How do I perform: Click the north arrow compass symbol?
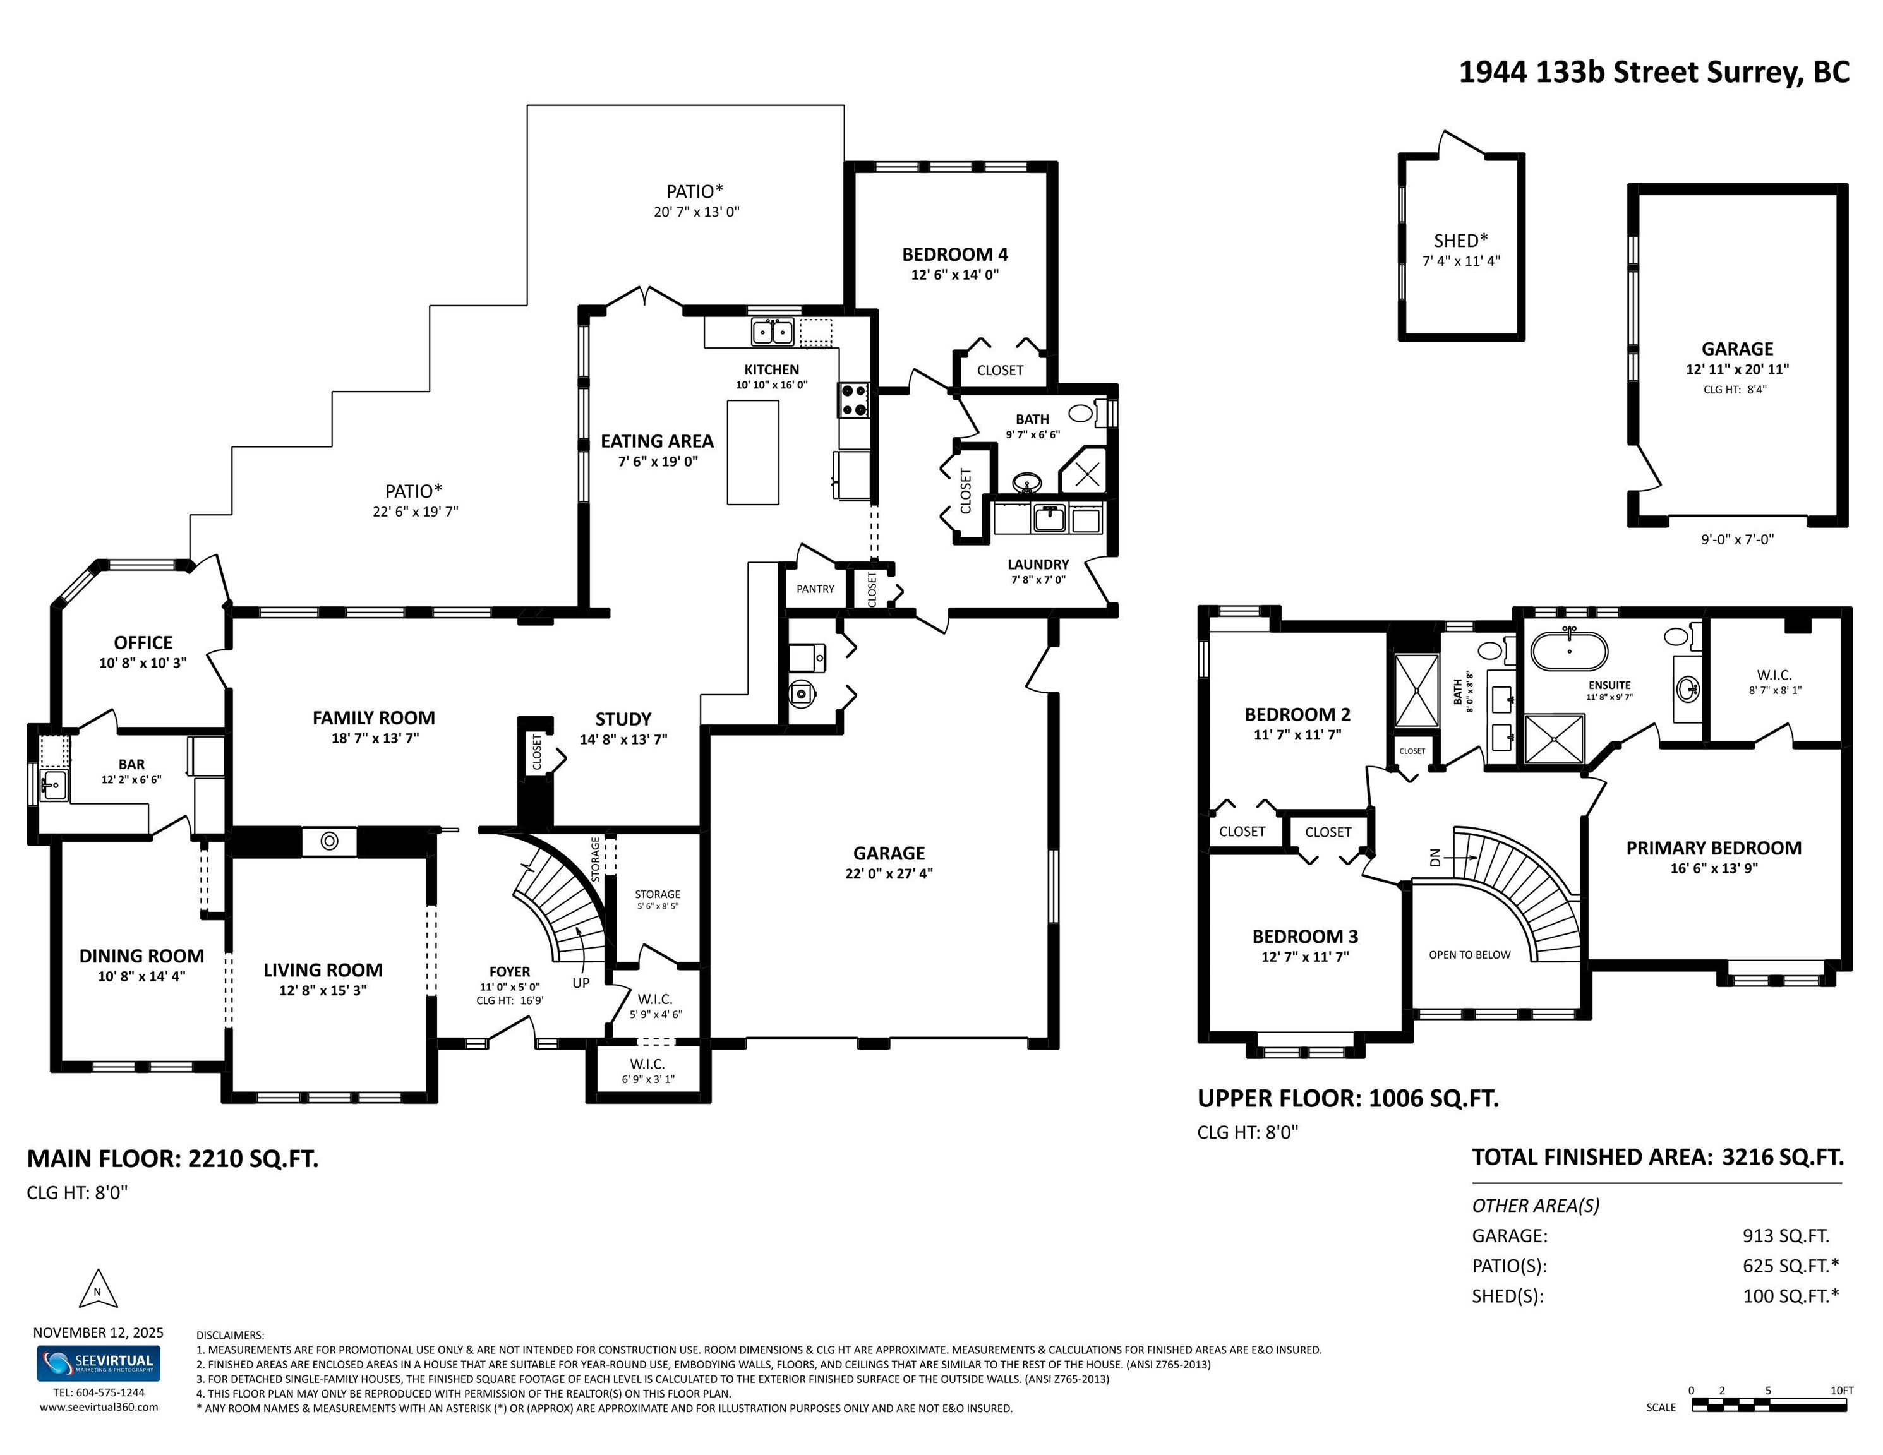(x=97, y=1289)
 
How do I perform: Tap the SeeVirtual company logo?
(x=99, y=1363)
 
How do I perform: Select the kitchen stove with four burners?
(x=853, y=400)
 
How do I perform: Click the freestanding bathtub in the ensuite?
(x=1569, y=652)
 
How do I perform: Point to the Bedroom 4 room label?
(x=954, y=254)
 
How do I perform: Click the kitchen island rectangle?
(x=753, y=452)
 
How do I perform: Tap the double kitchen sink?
(x=773, y=331)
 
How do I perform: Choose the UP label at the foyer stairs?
(x=581, y=983)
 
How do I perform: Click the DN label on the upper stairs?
(x=1435, y=858)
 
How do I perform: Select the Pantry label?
(x=815, y=589)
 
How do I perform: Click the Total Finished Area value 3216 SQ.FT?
(x=1783, y=1157)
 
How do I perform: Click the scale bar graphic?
(x=1768, y=1404)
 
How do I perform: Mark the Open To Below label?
(x=1469, y=954)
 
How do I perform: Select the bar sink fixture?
(x=54, y=785)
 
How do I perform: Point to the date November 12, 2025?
(x=99, y=1332)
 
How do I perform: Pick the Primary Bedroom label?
(x=1713, y=847)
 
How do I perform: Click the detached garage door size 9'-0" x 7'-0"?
(x=1737, y=539)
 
